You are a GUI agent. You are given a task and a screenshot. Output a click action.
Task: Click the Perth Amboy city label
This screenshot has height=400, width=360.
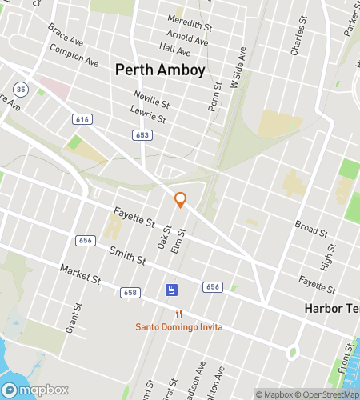click(x=160, y=70)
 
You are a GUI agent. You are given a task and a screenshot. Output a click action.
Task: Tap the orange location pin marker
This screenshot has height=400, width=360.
click(x=181, y=200)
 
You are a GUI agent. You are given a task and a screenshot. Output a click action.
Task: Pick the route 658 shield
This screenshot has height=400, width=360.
click(x=130, y=293)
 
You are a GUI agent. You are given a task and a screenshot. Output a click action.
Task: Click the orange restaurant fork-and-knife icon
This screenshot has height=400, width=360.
click(x=179, y=314)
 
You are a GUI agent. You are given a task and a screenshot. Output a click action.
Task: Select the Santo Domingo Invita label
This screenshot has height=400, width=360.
click(x=178, y=327)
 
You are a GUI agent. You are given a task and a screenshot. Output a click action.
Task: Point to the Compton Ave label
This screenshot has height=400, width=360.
click(x=74, y=54)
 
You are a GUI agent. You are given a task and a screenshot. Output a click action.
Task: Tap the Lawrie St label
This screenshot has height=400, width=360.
click(x=149, y=117)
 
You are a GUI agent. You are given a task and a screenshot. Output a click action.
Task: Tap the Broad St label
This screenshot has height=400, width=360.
click(x=310, y=230)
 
